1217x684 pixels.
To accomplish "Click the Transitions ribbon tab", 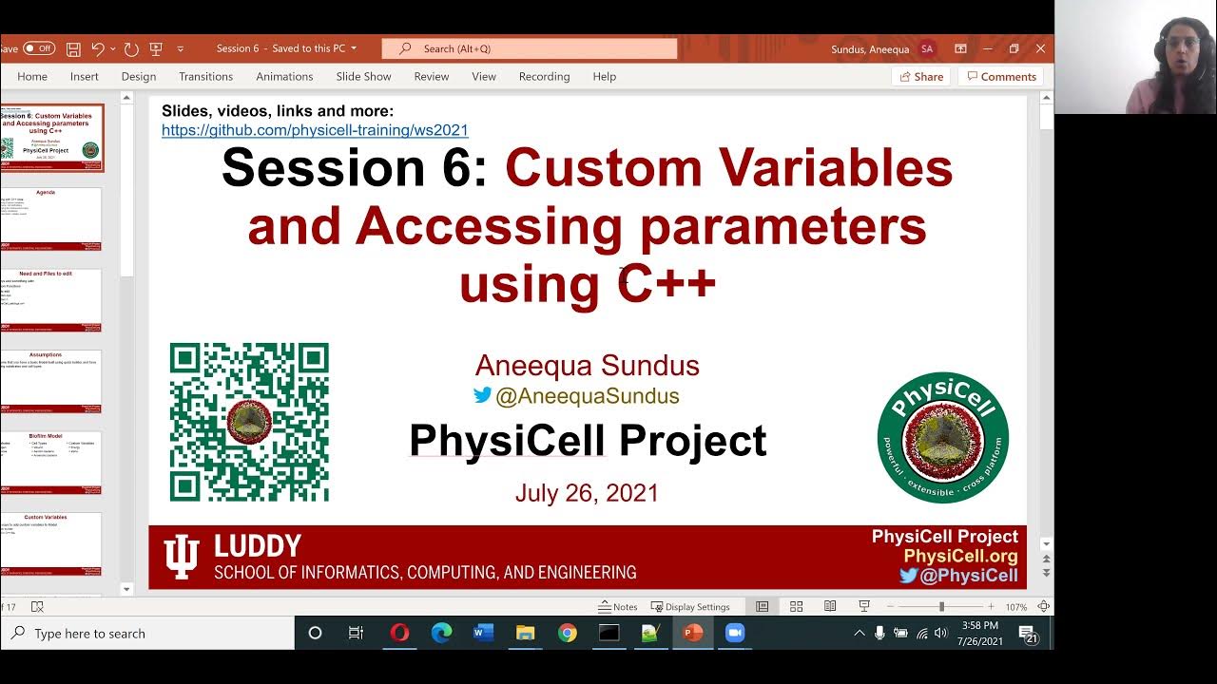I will [205, 76].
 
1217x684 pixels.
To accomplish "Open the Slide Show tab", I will [363, 76].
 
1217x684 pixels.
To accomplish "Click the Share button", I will [920, 76].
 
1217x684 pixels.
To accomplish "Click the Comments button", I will [1000, 76].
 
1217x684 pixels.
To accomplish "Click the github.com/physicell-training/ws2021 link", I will [315, 130].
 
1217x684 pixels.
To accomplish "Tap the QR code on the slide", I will [249, 422].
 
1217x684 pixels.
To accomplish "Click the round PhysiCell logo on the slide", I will [942, 437].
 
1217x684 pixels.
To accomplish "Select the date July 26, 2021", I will [587, 493].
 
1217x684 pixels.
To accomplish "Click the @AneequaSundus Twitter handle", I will [587, 396].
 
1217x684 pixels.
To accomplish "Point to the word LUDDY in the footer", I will [257, 546].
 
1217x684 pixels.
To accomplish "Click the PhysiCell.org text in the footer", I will [960, 556].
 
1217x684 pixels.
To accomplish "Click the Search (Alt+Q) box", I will [529, 48].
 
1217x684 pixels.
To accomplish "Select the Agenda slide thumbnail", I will [52, 218].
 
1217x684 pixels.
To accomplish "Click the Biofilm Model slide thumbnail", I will [52, 463].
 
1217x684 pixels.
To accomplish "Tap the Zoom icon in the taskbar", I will [735, 633].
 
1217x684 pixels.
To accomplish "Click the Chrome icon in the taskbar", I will [568, 633].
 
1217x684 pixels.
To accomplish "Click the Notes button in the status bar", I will [618, 607].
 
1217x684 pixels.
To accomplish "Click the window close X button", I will [1040, 48].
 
